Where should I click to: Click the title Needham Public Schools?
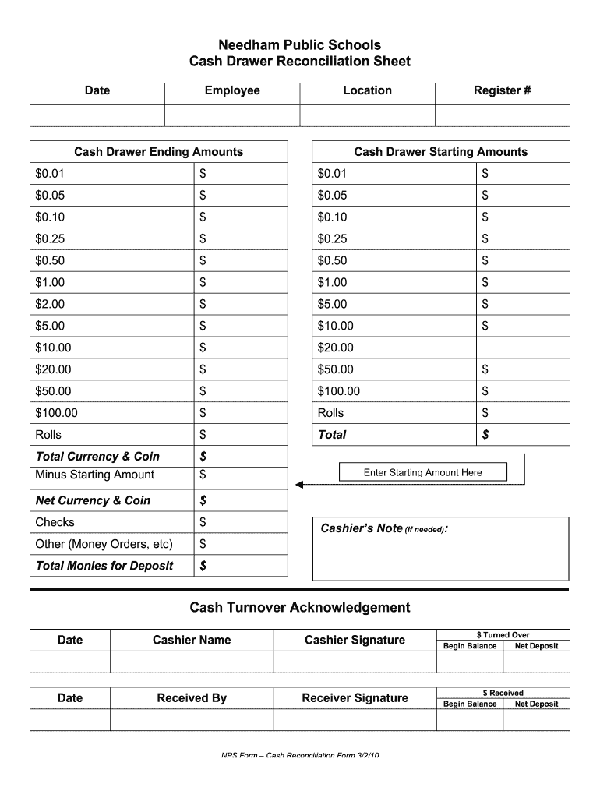(300, 45)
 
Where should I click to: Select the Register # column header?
(502, 90)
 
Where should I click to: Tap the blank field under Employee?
(232, 115)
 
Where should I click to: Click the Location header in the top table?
(367, 90)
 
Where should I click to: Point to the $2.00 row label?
(50, 304)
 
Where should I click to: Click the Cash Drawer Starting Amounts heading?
(440, 152)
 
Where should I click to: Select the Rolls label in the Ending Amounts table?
(48, 435)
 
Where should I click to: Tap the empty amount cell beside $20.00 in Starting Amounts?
(522, 348)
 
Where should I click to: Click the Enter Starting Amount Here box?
(422, 472)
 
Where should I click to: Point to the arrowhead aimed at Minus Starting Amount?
(300, 485)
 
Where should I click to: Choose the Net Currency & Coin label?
(93, 500)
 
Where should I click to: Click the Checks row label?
(55, 522)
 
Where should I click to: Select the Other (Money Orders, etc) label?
(104, 544)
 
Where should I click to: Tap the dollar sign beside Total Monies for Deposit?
(203, 566)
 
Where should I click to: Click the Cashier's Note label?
(362, 528)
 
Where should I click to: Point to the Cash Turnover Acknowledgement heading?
(300, 607)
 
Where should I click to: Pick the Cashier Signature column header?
(355, 640)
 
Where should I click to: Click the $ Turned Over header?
(503, 635)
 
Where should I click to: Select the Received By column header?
(192, 698)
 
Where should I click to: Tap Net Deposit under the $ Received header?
(536, 704)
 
